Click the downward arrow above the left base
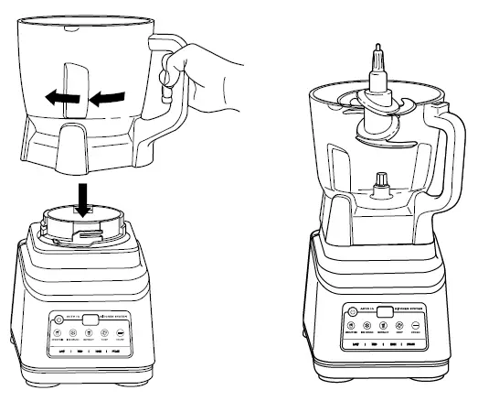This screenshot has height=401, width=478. (x=83, y=196)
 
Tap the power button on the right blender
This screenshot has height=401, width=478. (x=351, y=310)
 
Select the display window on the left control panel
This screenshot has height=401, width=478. (x=89, y=320)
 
